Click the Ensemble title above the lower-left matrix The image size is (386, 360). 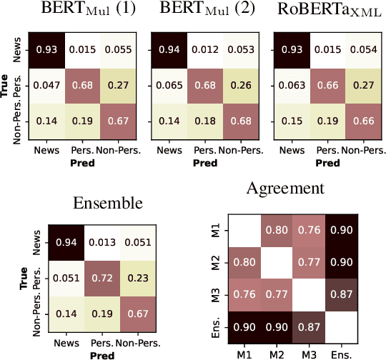[x=107, y=203]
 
